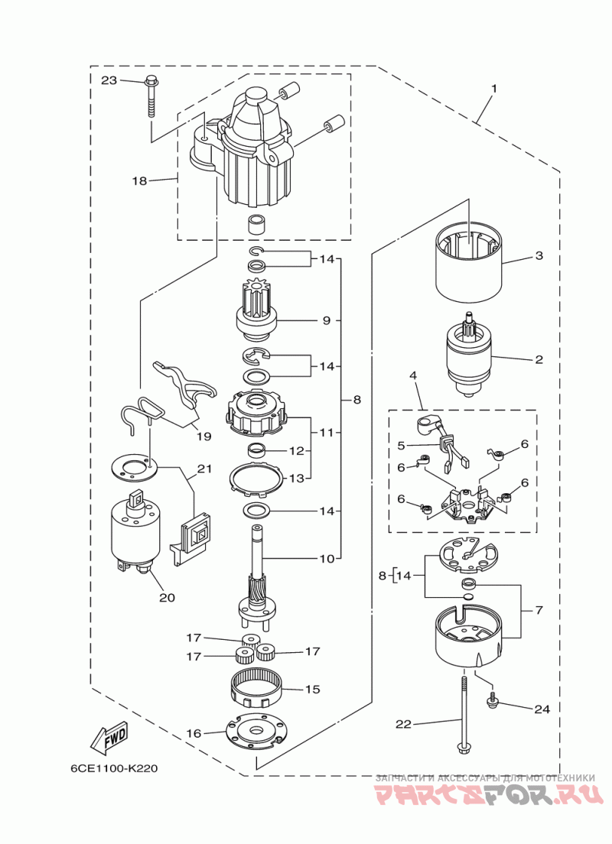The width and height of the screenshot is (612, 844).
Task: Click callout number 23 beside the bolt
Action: coord(109,80)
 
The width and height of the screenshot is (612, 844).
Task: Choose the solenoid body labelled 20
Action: coord(136,531)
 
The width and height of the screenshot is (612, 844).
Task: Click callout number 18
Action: coord(138,181)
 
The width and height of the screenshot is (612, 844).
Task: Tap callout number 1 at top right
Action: coord(493,89)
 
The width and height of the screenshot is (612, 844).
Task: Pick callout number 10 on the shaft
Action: coord(327,559)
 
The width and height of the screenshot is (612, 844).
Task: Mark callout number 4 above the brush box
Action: coord(413,376)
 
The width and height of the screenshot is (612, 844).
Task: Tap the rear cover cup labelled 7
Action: coord(468,635)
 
